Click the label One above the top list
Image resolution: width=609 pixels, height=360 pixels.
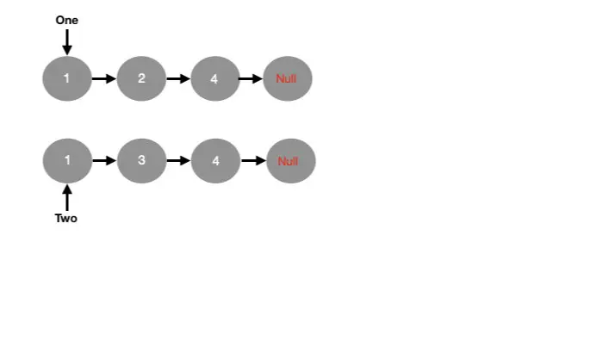(66, 20)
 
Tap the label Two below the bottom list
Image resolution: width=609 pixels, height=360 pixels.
(66, 219)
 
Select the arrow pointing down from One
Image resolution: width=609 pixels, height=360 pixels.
(66, 41)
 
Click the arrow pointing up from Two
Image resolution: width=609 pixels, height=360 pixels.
(66, 197)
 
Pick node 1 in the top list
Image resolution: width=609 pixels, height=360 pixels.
(66, 79)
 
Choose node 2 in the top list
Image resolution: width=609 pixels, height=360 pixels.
(140, 79)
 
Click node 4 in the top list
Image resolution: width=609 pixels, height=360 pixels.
(214, 79)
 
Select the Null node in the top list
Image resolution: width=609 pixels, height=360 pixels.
(288, 79)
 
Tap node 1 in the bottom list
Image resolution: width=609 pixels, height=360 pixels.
(66, 161)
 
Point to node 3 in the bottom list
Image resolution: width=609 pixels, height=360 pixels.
(141, 161)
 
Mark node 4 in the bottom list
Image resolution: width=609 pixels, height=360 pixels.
(215, 161)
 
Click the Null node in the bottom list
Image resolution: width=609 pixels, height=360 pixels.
(290, 161)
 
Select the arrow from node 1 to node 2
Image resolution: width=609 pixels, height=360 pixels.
(103, 79)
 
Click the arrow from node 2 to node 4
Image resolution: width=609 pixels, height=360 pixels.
(177, 79)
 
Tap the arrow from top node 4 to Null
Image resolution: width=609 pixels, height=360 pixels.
(251, 79)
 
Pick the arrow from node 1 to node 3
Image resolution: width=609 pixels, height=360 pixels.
(103, 161)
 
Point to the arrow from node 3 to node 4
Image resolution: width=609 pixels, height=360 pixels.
(178, 161)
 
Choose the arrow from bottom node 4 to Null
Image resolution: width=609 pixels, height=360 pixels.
(253, 161)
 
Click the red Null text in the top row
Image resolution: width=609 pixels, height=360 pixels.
(287, 79)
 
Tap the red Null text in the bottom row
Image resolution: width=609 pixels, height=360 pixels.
(289, 161)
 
